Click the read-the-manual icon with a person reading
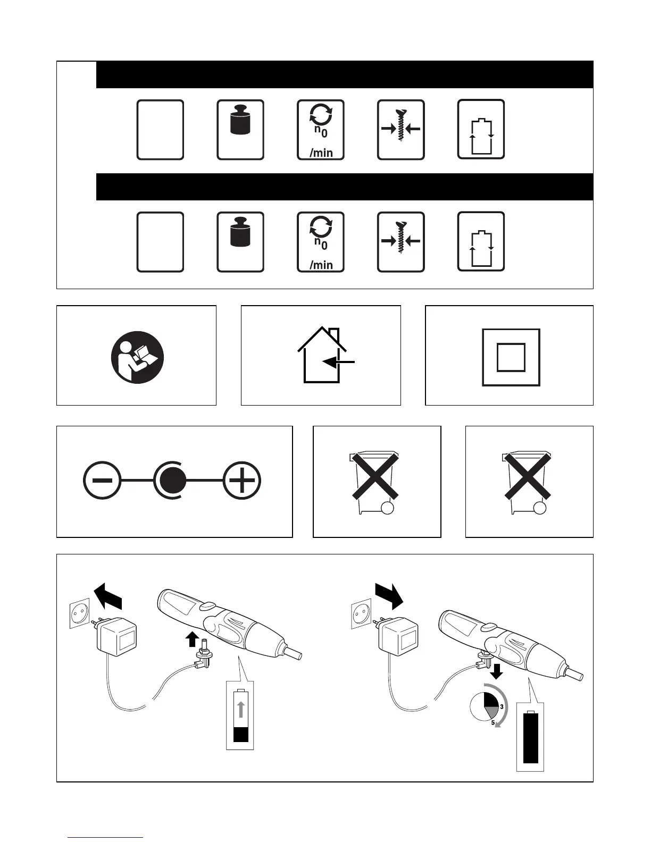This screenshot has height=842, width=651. [137, 357]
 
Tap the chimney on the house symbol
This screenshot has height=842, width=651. [333, 336]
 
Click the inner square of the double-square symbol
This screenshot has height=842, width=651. [511, 357]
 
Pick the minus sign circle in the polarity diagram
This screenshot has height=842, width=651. [102, 481]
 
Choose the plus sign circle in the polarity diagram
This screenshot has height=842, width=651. [242, 481]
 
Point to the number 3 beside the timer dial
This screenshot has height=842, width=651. [502, 706]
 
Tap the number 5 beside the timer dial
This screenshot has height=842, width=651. [493, 722]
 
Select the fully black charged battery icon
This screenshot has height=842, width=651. [531, 738]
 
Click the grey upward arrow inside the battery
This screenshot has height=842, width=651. [241, 710]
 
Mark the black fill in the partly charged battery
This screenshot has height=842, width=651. [241, 735]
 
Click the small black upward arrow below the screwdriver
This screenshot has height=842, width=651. [192, 639]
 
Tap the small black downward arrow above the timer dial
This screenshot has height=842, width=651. [497, 673]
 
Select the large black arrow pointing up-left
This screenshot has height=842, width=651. [107, 596]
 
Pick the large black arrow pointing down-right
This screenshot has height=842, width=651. [389, 595]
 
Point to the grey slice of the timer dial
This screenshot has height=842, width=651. [491, 714]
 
